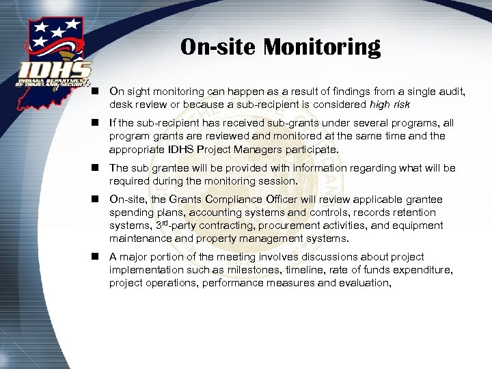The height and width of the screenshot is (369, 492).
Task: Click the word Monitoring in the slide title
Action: pos(322,47)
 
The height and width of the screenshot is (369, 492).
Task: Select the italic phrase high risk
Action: pos(389,105)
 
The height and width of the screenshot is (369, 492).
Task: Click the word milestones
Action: pos(262,270)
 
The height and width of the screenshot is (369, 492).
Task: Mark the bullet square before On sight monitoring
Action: pos(97,92)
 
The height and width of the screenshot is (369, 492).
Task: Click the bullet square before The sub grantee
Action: pos(97,168)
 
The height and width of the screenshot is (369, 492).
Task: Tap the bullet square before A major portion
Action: pos(97,257)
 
